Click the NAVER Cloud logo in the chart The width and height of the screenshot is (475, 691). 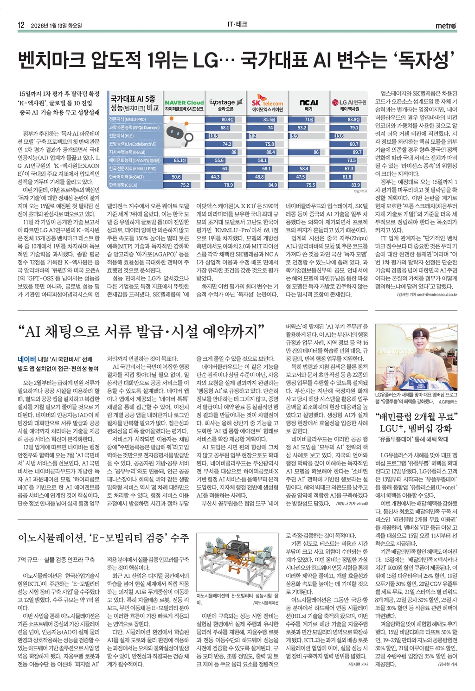184,102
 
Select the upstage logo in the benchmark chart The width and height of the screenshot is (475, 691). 225,102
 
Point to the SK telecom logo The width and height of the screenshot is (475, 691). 267,102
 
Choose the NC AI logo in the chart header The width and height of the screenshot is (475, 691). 308,102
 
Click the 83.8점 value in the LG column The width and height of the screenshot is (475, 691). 353,119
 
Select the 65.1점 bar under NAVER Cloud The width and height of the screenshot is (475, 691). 180,160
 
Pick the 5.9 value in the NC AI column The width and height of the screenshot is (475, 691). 295,136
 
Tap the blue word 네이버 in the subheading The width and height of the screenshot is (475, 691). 27,359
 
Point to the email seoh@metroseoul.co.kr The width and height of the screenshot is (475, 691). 437,294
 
